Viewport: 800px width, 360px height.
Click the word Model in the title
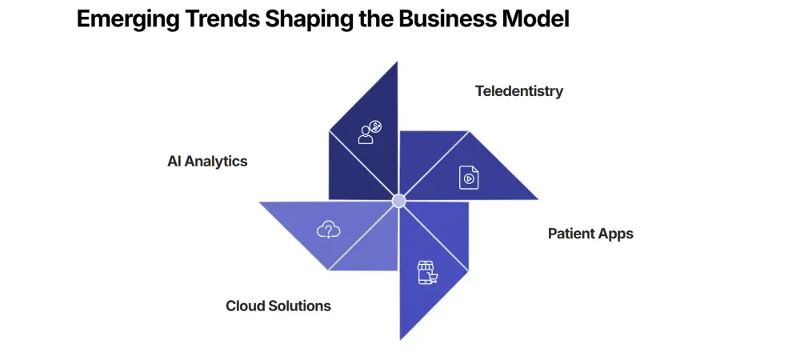click(536, 19)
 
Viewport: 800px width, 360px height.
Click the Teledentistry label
click(518, 90)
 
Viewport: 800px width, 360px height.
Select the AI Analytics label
click(207, 161)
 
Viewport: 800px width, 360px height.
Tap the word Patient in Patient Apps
click(572, 234)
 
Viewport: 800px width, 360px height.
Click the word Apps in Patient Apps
click(616, 234)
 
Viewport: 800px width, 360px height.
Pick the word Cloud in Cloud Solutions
click(244, 306)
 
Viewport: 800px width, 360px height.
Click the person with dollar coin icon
click(370, 132)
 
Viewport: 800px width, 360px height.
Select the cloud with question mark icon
click(328, 230)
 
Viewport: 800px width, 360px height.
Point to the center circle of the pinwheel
click(398, 200)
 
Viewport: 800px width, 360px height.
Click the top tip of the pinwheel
click(397, 64)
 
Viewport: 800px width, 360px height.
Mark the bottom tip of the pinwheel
click(400, 338)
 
